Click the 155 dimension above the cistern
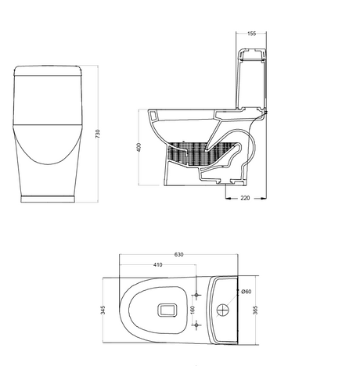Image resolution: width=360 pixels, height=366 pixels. click(251, 34)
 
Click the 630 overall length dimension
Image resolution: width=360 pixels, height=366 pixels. click(178, 254)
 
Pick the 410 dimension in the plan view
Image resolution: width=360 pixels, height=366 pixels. click(157, 265)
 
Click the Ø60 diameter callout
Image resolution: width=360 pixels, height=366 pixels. click(246, 292)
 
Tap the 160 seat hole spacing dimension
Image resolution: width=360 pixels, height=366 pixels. click(193, 309)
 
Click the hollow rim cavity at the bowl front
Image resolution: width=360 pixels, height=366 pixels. click(153, 115)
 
